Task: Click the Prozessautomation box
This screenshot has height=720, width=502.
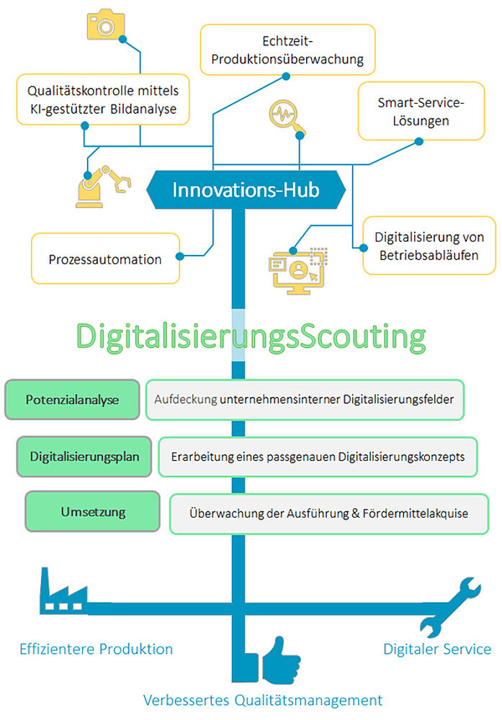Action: coord(105,259)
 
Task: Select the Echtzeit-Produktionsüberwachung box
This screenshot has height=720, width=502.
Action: coord(288,50)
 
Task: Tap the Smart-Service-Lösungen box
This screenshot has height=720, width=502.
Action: coord(421,112)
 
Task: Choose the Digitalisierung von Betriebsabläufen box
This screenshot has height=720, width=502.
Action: coord(429,246)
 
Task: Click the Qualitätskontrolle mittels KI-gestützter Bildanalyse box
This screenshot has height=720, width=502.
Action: coord(102,102)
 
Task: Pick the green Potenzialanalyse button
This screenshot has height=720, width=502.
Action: coord(72,400)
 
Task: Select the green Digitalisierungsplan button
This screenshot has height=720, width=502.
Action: coord(84,456)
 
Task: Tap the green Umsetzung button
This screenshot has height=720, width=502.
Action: coord(93,512)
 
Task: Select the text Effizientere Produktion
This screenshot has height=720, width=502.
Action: coord(97,649)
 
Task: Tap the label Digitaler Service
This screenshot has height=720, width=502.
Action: coord(437,649)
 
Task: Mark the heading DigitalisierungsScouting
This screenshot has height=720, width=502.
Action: coord(251,336)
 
